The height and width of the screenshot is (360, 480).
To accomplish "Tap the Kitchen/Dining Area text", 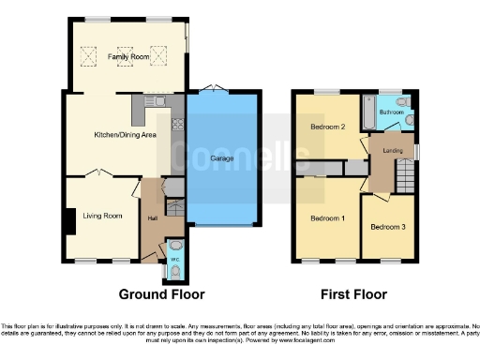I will pos(125,135).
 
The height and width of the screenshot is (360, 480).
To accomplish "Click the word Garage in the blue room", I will pos(224,158).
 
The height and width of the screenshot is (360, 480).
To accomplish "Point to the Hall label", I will pos(151,217).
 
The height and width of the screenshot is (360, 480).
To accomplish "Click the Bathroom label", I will pos(392,112).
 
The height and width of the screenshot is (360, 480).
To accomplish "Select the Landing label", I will pos(392,149).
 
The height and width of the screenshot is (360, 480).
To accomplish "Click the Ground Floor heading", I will pos(161,293).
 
